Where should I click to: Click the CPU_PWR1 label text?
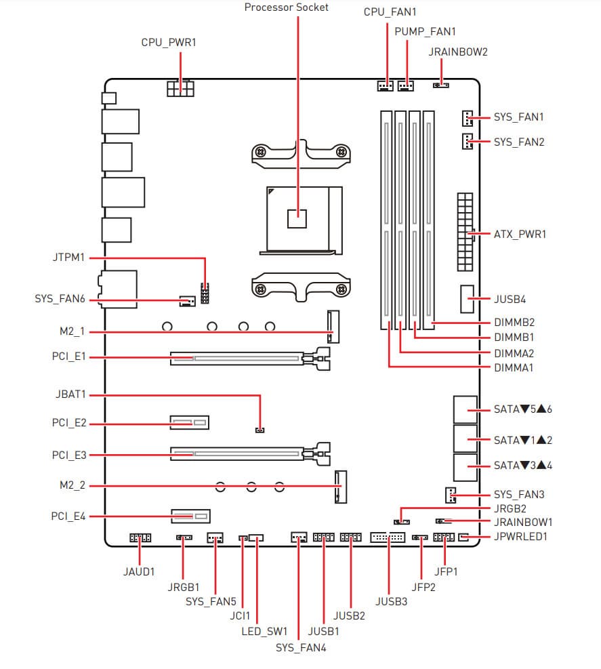click(x=168, y=42)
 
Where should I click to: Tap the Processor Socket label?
click(x=287, y=7)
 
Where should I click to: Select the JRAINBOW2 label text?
click(x=459, y=52)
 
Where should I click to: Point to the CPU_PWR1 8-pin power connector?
click(x=180, y=89)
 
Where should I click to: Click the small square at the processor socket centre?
click(x=297, y=218)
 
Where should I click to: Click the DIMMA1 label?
click(x=514, y=367)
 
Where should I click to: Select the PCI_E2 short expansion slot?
click(x=189, y=424)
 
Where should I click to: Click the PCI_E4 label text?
click(x=69, y=517)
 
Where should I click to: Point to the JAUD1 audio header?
click(x=140, y=538)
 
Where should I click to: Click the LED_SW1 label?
click(x=264, y=630)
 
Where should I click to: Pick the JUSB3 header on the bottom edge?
click(x=388, y=538)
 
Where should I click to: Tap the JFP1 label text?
click(x=447, y=572)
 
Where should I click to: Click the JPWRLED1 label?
click(x=520, y=537)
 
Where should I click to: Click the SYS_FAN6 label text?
click(x=60, y=298)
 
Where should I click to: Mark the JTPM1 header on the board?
click(x=204, y=293)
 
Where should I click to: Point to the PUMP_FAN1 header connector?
click(x=407, y=86)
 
